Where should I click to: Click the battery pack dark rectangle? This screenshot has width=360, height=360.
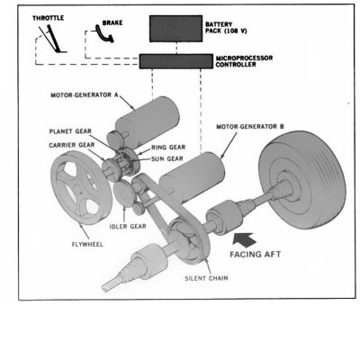pos(175,29)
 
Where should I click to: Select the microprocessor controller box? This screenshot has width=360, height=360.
pos(176,61)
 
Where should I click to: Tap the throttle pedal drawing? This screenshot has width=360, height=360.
pos(52,39)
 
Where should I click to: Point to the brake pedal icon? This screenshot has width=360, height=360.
pos(104,33)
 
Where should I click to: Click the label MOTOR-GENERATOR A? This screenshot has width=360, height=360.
pos(85,95)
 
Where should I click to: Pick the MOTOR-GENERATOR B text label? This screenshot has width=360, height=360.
pos(250,127)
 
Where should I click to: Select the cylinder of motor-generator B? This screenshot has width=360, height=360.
pos(192,177)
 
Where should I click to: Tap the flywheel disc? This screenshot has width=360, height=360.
pos(81,187)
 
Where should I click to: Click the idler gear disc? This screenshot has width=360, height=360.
pos(124,194)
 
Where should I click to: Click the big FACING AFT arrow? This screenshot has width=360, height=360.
pos(245,239)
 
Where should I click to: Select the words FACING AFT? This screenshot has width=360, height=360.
pos(256,255)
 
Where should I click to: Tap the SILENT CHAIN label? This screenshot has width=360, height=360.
pos(206,278)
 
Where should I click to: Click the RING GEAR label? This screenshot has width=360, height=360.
pos(168,148)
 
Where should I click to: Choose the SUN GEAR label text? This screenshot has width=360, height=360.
pos(167,158)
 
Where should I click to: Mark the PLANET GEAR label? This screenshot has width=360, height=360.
pos(70,131)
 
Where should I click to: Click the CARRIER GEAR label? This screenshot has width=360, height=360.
pos(72,145)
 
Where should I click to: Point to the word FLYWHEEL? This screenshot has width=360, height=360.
pos(87,244)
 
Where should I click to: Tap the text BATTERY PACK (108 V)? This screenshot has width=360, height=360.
pos(226,27)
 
